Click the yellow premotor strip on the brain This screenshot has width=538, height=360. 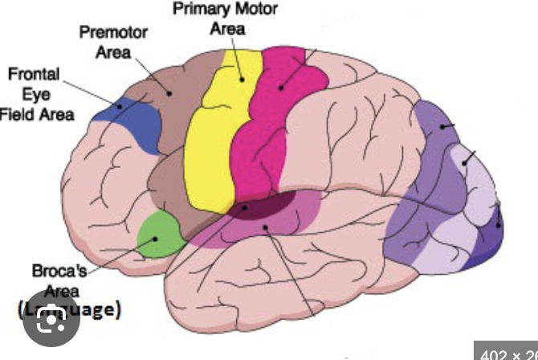click(211, 137)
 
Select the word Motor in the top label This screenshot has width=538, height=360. click(255, 10)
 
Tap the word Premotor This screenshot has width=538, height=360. click(112, 32)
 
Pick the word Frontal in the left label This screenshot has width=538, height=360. click(34, 74)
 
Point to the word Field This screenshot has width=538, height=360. click(18, 113)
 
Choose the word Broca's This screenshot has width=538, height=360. click(60, 271)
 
